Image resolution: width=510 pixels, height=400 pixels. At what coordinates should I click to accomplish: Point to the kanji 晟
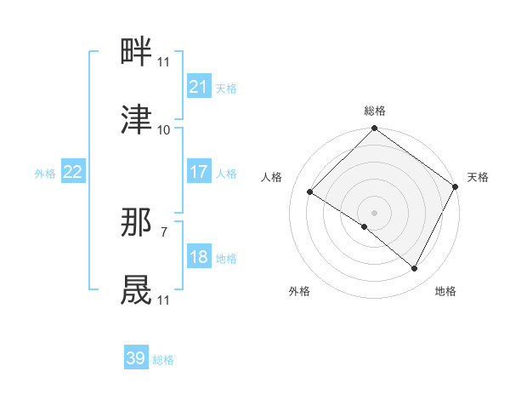click(137, 289)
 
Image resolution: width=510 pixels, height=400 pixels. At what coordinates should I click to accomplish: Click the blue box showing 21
click(198, 87)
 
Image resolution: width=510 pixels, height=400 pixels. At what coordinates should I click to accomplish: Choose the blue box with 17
click(198, 172)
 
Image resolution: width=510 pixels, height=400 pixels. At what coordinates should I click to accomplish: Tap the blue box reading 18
click(198, 257)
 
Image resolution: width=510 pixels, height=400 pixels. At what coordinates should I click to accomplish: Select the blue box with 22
click(73, 172)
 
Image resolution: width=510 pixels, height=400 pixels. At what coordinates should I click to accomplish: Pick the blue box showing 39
click(136, 358)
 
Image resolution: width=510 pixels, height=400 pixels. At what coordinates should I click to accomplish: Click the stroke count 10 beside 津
click(164, 130)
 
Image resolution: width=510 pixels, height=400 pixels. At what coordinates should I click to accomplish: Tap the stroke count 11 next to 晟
click(164, 300)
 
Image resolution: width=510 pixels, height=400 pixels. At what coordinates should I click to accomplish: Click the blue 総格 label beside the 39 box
click(164, 360)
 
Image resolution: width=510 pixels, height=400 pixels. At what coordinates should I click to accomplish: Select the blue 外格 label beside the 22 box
click(45, 173)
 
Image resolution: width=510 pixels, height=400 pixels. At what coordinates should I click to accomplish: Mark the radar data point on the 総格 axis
click(374, 130)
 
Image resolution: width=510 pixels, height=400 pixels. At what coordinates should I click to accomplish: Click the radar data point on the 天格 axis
click(456, 186)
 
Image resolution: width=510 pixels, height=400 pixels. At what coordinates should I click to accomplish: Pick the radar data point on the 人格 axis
click(310, 191)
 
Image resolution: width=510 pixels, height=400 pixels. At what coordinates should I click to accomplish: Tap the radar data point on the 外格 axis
click(365, 226)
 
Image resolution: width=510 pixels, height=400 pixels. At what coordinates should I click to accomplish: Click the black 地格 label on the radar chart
click(445, 292)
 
